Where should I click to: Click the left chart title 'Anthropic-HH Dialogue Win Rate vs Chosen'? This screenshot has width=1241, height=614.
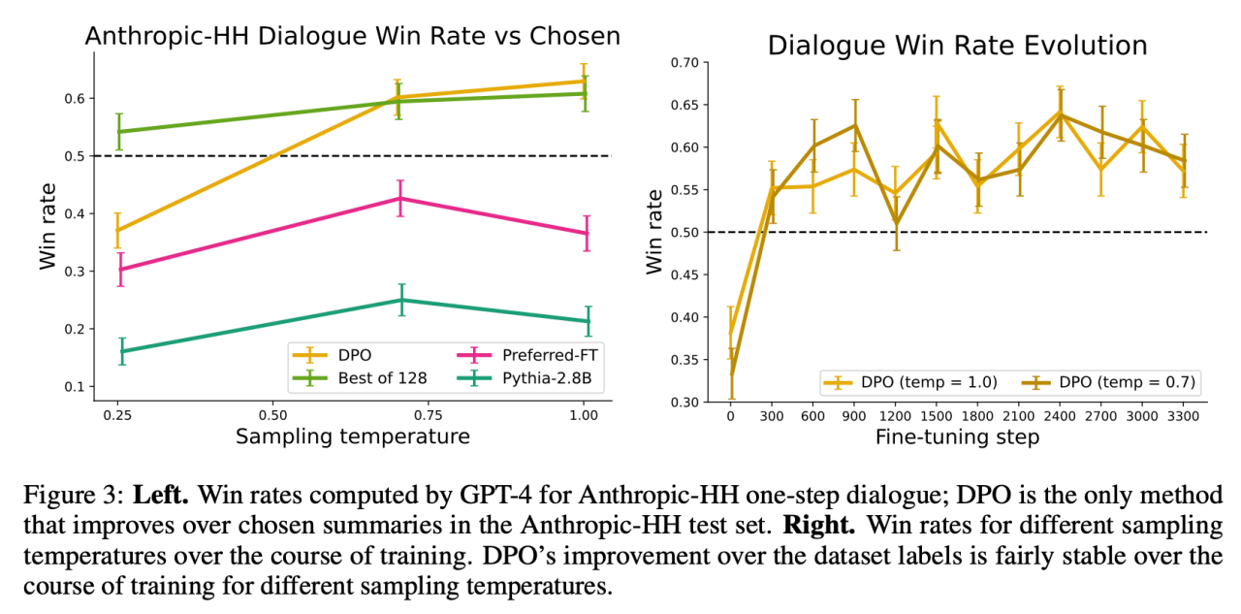pos(352,36)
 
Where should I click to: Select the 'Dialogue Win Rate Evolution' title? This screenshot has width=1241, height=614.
pos(957,46)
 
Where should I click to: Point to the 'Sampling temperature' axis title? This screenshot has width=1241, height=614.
pos(353,436)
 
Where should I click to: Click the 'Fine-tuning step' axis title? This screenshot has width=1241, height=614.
pos(957,436)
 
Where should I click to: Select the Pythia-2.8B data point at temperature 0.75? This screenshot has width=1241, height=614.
pos(401,300)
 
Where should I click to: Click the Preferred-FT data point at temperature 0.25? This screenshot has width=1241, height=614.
pos(121,269)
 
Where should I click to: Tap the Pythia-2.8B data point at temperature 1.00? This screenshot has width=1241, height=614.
pos(587,321)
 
